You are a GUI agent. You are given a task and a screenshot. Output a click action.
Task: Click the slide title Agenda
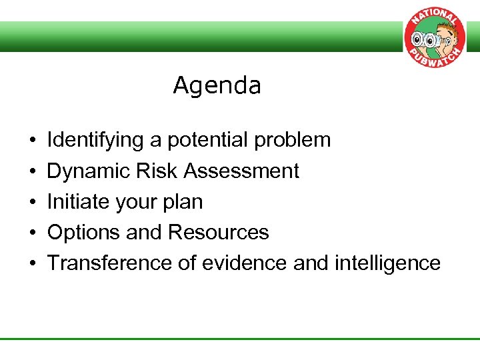click(x=217, y=86)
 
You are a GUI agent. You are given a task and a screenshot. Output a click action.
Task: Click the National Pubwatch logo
click(x=434, y=41)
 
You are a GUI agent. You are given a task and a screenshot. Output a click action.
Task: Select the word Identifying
click(x=95, y=141)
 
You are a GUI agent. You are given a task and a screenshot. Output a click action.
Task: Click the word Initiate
click(x=72, y=202)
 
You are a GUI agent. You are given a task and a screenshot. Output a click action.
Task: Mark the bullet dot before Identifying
click(x=32, y=141)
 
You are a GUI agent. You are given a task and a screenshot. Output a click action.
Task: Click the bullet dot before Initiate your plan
click(x=32, y=203)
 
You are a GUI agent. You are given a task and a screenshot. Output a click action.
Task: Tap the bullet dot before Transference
click(x=32, y=264)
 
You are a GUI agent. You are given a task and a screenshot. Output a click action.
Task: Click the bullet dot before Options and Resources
click(x=32, y=233)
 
